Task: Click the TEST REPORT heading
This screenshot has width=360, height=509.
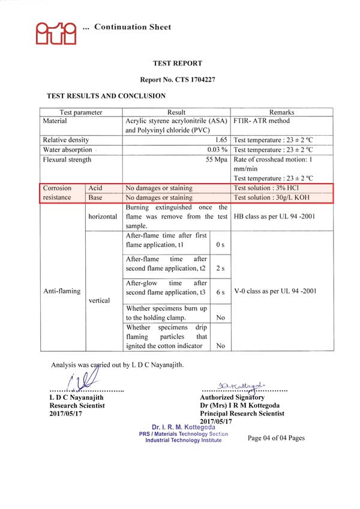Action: pos(178,63)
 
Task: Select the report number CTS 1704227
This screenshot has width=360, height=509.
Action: pos(178,79)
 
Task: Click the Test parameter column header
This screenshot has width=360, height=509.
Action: pos(81,112)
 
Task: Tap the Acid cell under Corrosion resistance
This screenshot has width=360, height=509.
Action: pos(95,188)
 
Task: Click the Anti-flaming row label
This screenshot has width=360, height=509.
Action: pos(61,291)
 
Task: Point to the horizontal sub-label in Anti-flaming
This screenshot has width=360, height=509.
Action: pos(103,216)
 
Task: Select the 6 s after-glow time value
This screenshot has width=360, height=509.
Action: pos(220,292)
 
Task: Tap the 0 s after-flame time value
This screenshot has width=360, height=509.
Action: pos(220,245)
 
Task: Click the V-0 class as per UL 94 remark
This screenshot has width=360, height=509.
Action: pos(275,291)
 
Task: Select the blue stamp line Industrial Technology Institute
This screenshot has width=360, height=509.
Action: pos(183,440)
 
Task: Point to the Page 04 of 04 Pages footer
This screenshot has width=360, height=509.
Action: pos(276,438)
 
